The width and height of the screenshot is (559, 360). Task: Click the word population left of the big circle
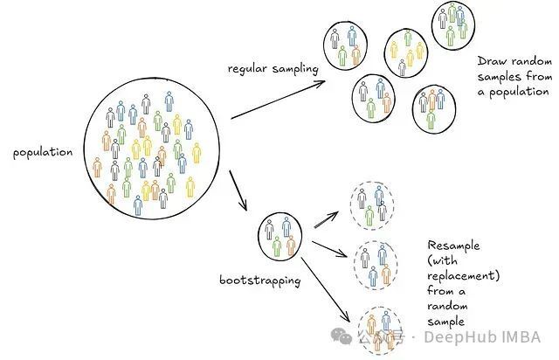click(42, 152)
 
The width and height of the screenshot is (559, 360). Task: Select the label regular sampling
click(271, 68)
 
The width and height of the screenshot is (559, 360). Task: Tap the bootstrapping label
click(260, 280)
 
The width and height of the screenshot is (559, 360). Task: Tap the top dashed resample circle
click(372, 204)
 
